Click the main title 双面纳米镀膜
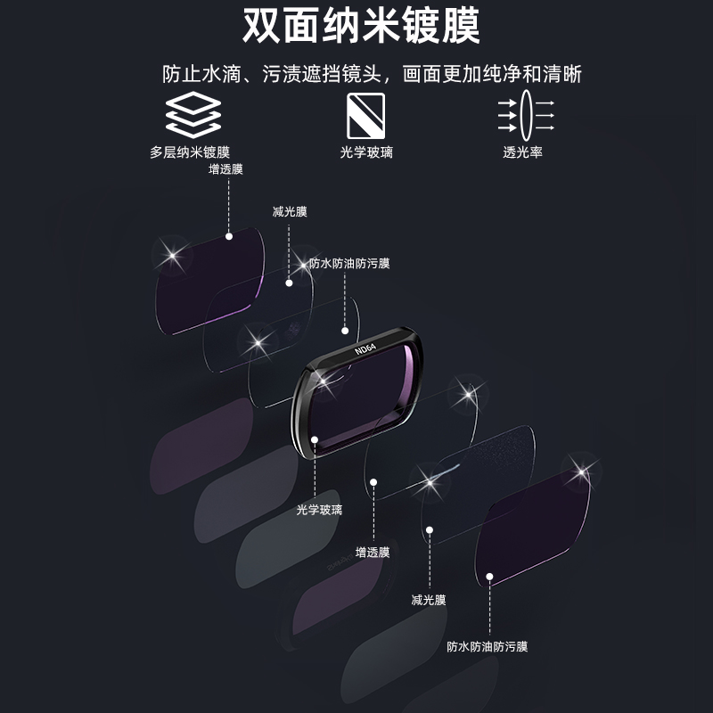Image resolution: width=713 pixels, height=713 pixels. click(361, 27)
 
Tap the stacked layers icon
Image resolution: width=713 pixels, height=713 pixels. click(193, 113)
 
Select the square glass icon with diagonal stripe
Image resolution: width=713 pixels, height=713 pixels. click(365, 113)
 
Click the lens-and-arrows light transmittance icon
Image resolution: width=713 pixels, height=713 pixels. click(525, 113)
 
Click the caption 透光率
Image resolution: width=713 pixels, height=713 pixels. click(522, 152)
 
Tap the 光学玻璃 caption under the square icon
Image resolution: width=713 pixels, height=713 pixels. click(366, 152)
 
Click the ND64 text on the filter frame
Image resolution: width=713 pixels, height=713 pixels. click(365, 346)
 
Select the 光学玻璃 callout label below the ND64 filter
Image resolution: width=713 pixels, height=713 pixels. click(319, 510)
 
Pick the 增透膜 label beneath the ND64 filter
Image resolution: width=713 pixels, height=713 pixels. click(373, 552)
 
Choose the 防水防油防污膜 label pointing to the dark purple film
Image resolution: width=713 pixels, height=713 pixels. click(488, 647)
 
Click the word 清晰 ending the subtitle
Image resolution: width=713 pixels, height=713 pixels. click(565, 73)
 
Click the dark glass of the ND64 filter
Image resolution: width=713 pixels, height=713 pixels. click(365, 401)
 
